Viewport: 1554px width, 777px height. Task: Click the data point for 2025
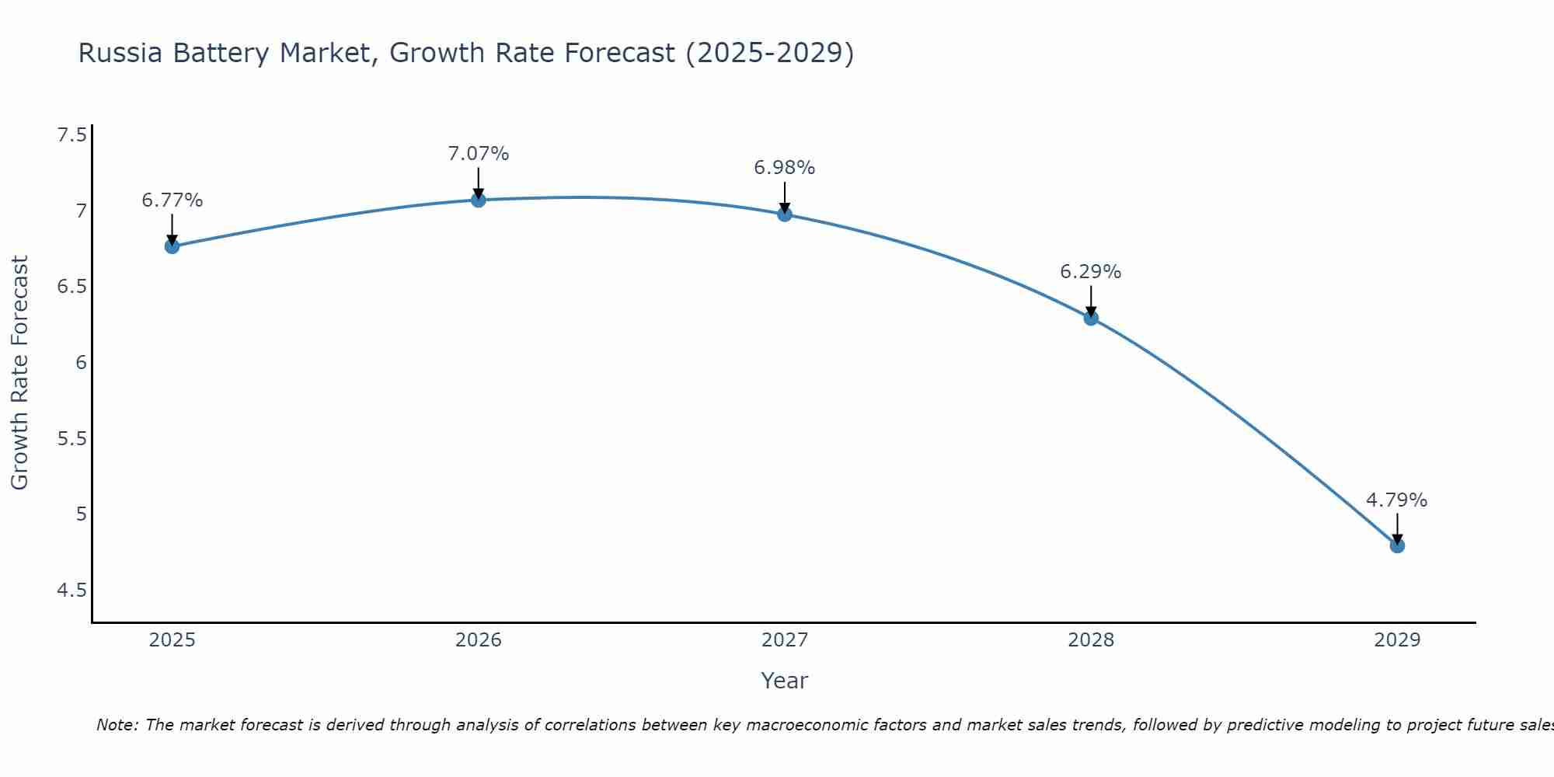(172, 246)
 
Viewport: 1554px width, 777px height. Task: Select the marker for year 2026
(478, 200)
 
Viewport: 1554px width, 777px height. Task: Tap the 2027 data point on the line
(785, 214)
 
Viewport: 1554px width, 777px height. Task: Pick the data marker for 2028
(1091, 318)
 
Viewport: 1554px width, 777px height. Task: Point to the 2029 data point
(1397, 545)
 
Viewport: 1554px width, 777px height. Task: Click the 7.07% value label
(478, 154)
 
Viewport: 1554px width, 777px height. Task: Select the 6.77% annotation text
(172, 200)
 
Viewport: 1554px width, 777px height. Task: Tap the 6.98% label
(785, 168)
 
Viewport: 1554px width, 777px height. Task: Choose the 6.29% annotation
(1091, 272)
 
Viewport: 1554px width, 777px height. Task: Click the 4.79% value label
(1397, 500)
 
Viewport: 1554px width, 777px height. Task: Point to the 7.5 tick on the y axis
(71, 135)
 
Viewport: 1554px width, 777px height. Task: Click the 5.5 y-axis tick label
(71, 439)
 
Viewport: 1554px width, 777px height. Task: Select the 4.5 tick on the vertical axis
(71, 591)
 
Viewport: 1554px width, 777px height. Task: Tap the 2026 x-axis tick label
(478, 640)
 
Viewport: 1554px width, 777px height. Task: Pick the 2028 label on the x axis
(1091, 640)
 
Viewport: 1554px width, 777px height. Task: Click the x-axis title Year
(785, 681)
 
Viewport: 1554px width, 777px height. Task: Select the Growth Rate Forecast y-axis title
(19, 373)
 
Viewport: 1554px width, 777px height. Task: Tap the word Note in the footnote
(117, 725)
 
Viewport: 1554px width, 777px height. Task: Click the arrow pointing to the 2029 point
(1397, 528)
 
